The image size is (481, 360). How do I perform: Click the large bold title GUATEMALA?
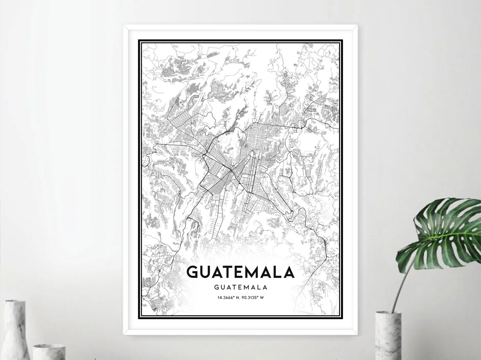(240, 272)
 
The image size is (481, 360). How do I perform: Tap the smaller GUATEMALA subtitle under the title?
(241, 287)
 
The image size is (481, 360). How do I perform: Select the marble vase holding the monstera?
(388, 336)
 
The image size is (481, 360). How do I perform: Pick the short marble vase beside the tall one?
(49, 352)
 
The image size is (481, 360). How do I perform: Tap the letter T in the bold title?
(228, 272)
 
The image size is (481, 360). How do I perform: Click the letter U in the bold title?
(206, 272)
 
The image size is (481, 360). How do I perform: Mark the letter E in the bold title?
(241, 272)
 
